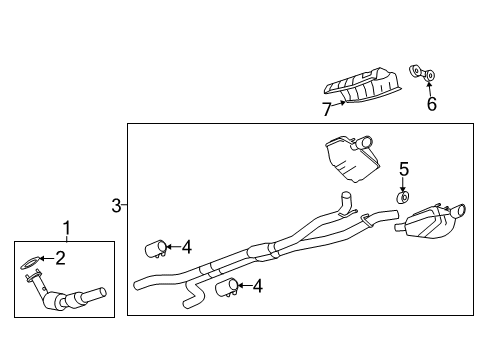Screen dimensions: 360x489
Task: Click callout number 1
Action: [66, 228]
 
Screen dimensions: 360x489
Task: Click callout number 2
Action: [60, 259]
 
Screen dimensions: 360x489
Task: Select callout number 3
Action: [117, 206]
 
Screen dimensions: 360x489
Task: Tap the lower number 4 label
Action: [257, 286]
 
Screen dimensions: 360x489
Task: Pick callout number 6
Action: [431, 103]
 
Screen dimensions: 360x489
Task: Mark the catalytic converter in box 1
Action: [70, 300]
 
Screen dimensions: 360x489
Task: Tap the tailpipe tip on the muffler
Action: [467, 210]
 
